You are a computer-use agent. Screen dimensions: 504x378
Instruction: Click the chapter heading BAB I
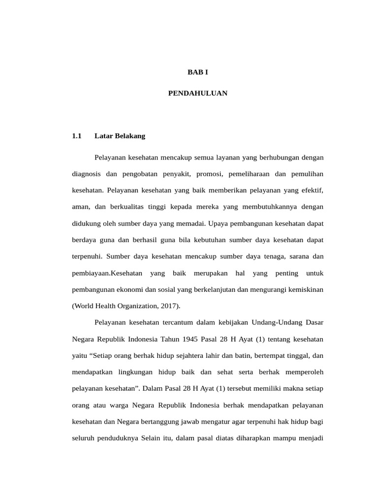click(x=198, y=72)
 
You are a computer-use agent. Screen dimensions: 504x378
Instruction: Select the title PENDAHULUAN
click(x=198, y=93)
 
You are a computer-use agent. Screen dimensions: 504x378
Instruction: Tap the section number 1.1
click(x=76, y=136)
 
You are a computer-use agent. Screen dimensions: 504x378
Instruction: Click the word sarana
click(x=294, y=256)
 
